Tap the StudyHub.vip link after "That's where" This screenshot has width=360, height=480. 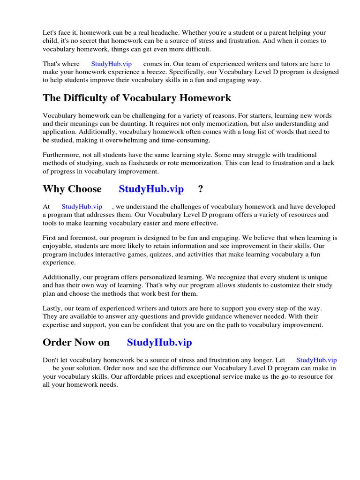point(112,64)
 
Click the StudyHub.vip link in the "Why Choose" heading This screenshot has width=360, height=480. point(151,189)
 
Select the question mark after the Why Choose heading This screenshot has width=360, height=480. point(201,189)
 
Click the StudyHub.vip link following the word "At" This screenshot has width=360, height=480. point(82,207)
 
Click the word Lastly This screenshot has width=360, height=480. point(52,308)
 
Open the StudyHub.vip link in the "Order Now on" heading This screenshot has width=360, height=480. point(159,342)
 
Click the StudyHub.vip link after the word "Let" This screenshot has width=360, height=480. point(316,360)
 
